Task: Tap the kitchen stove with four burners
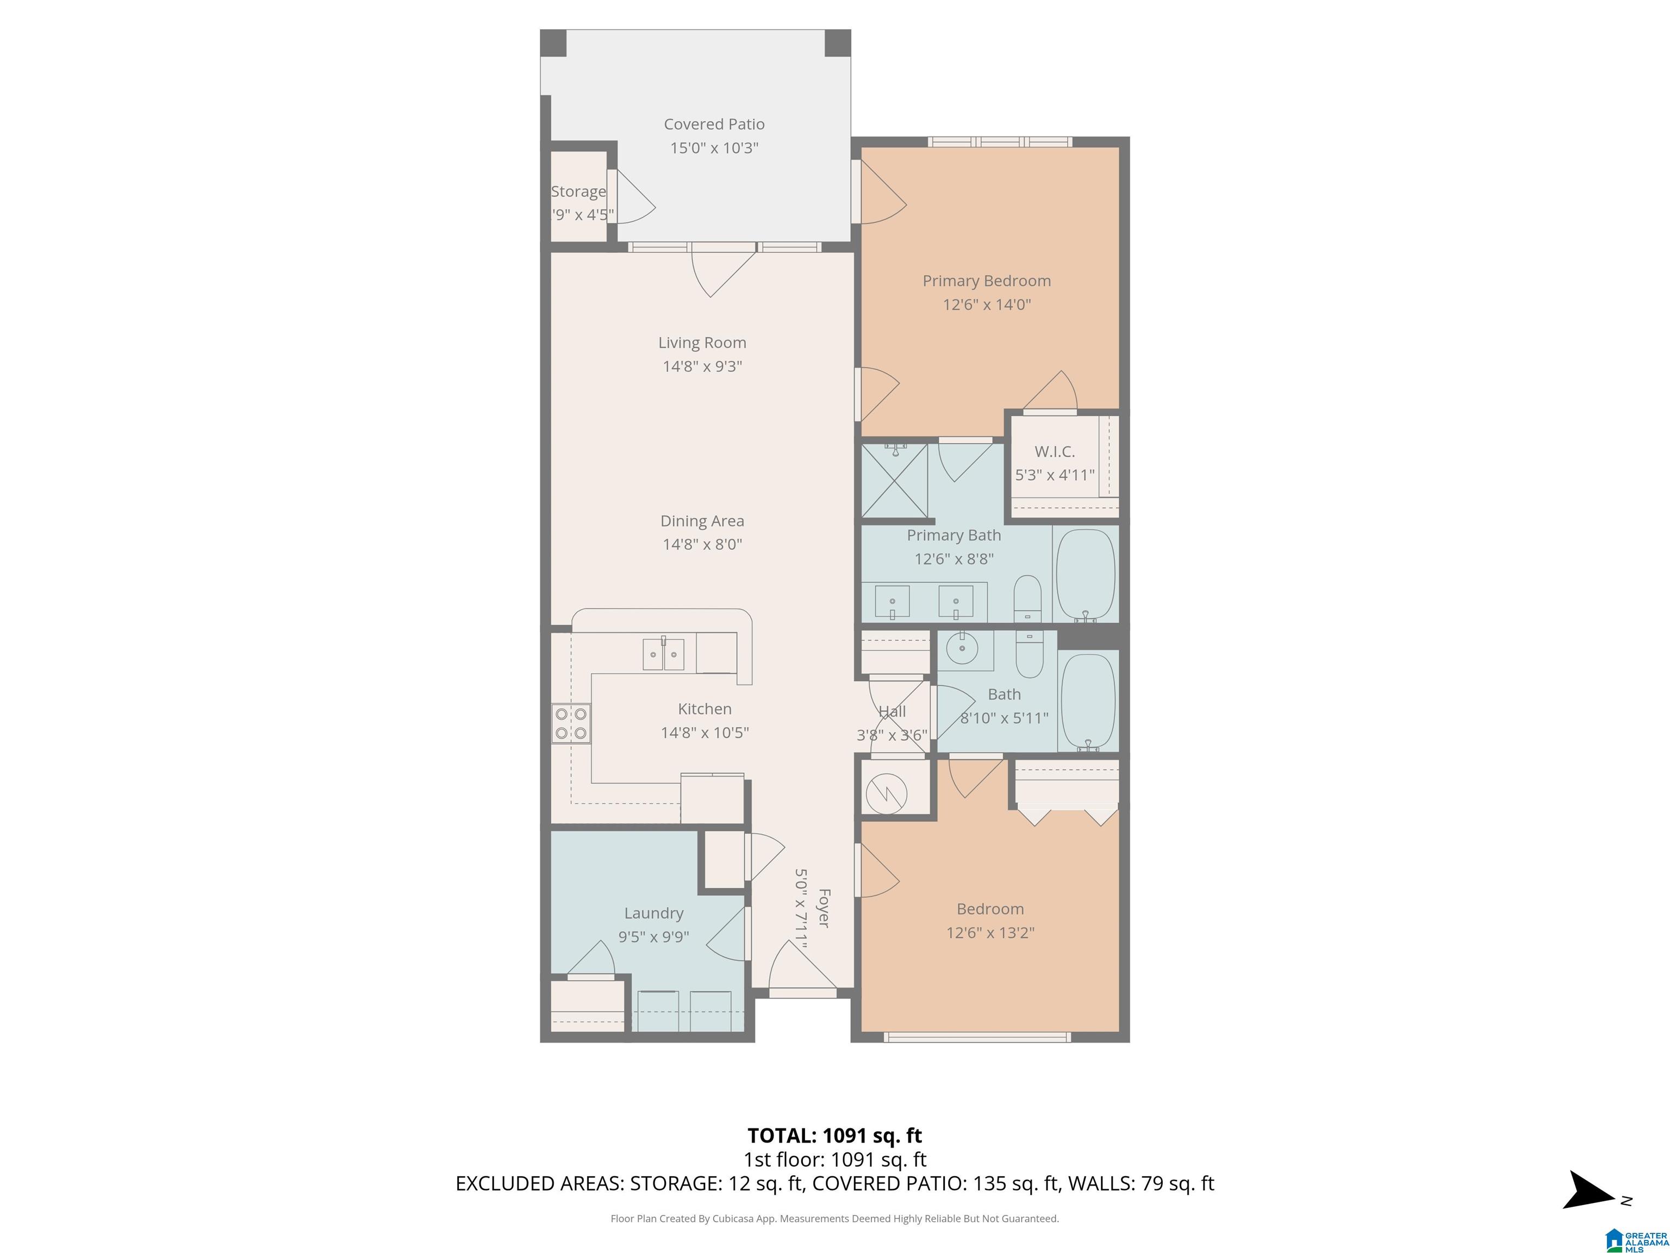pos(571,723)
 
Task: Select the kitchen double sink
pos(664,654)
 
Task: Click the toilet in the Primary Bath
pos(1027,598)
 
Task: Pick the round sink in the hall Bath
pos(962,649)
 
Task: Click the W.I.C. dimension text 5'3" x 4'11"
pos(1054,475)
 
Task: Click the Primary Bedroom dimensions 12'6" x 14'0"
pos(986,305)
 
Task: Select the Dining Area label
pos(702,520)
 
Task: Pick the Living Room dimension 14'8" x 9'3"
pos(702,367)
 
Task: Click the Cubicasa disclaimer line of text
pos(834,1218)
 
